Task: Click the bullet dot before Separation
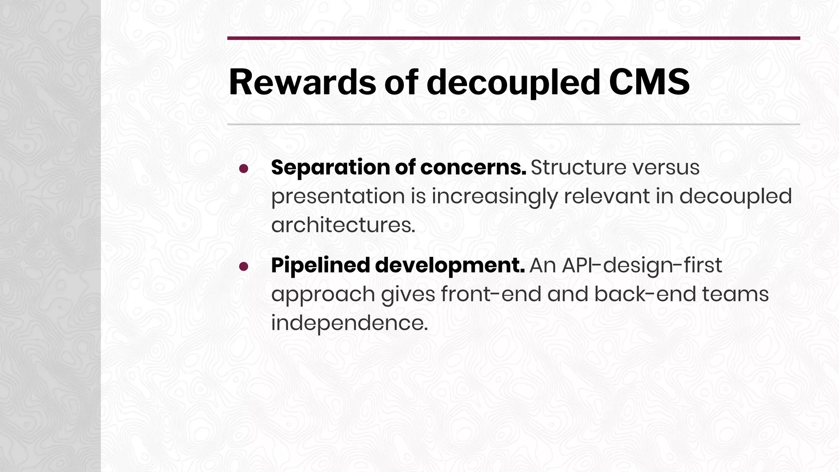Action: (244, 169)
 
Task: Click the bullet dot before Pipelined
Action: (244, 267)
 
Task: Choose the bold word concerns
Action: (473, 168)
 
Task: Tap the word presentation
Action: (338, 197)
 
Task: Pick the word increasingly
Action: (494, 197)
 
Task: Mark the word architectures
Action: (343, 225)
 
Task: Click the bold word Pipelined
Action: (320, 265)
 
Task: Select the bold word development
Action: (450, 265)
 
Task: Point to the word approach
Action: (323, 295)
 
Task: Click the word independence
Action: (349, 323)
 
